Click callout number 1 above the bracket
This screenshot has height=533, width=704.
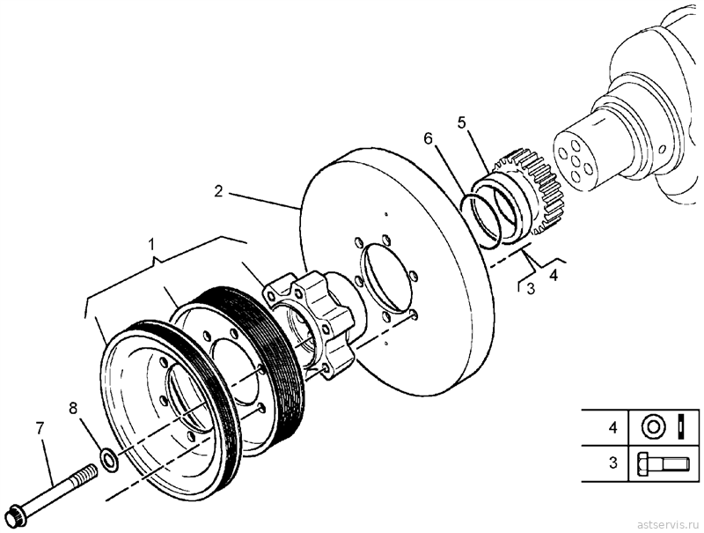pos(151,245)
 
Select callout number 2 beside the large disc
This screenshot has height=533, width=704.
pos(218,191)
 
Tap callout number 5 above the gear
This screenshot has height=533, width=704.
pos(463,122)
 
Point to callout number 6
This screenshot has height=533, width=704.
pos(428,139)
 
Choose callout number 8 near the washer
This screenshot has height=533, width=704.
pos(73,408)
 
